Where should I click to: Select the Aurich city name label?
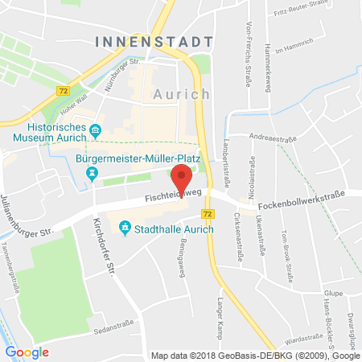[x=182, y=94]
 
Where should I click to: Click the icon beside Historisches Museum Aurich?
[x=97, y=130]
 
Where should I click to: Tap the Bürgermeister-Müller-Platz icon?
[x=93, y=171]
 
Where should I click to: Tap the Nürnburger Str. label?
[x=123, y=64]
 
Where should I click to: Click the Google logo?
[x=27, y=352]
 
